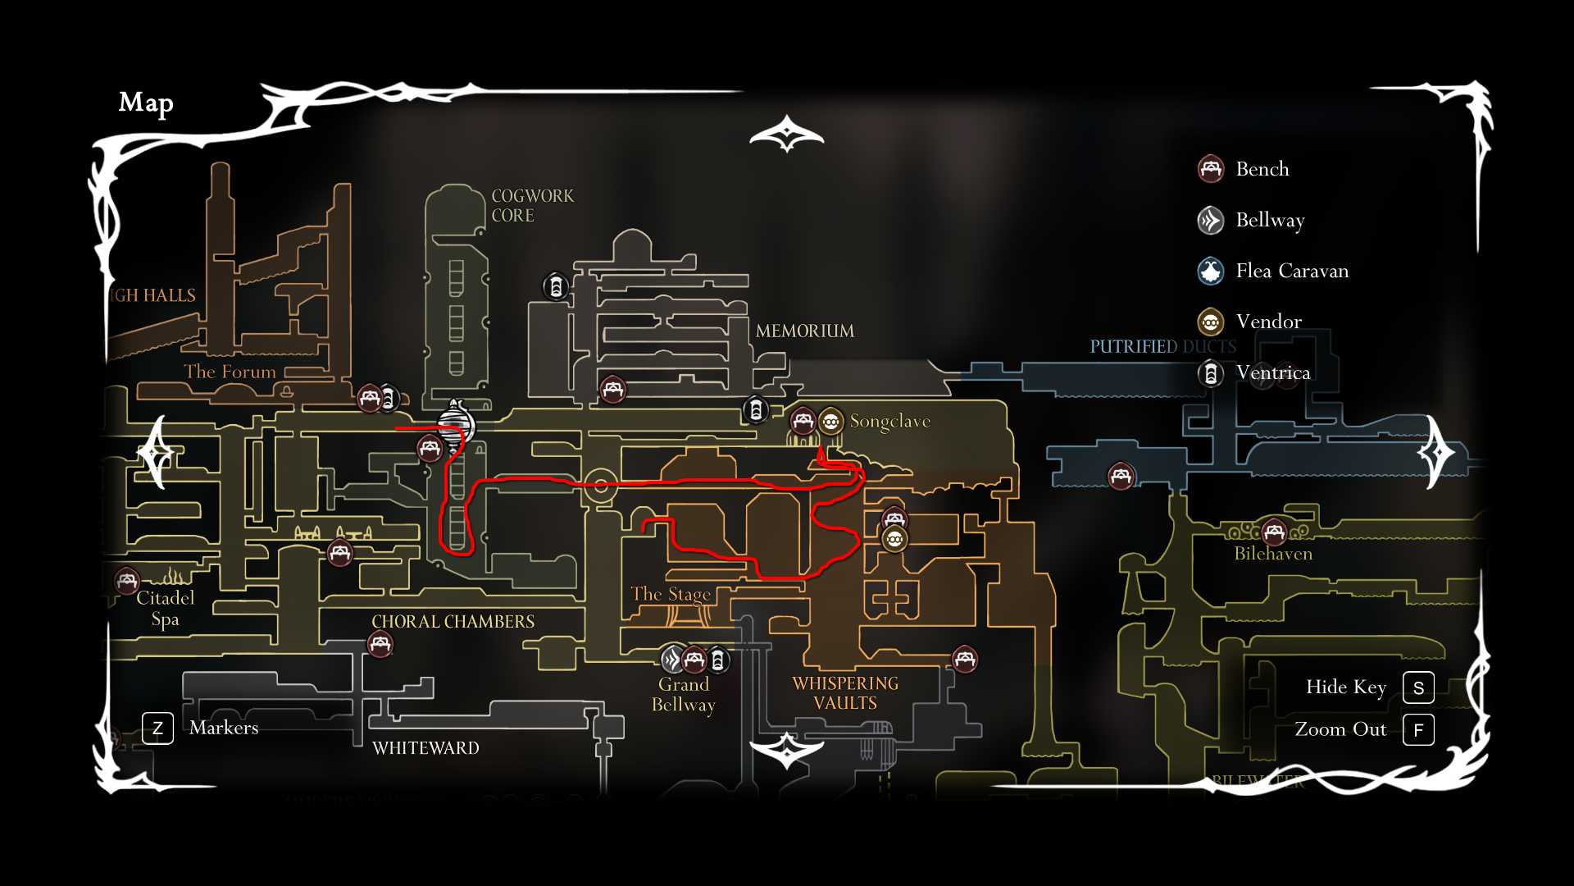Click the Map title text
coord(146,103)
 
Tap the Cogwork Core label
coord(532,206)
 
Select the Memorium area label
coord(804,331)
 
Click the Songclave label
coord(889,422)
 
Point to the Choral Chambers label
coord(453,622)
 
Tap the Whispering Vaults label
coord(845,693)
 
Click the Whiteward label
coord(425,748)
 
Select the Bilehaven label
coord(1273,554)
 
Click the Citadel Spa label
coord(165,608)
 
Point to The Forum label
coord(230,372)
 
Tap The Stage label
coord(671,594)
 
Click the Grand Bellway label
coord(683,695)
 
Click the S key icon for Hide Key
coord(1418,687)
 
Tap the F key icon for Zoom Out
coord(1418,730)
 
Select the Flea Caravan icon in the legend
coord(1211,271)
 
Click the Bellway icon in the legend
coord(1211,220)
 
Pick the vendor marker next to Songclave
coord(830,422)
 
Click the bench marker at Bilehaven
coord(1274,532)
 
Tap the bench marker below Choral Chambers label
coord(380,644)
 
